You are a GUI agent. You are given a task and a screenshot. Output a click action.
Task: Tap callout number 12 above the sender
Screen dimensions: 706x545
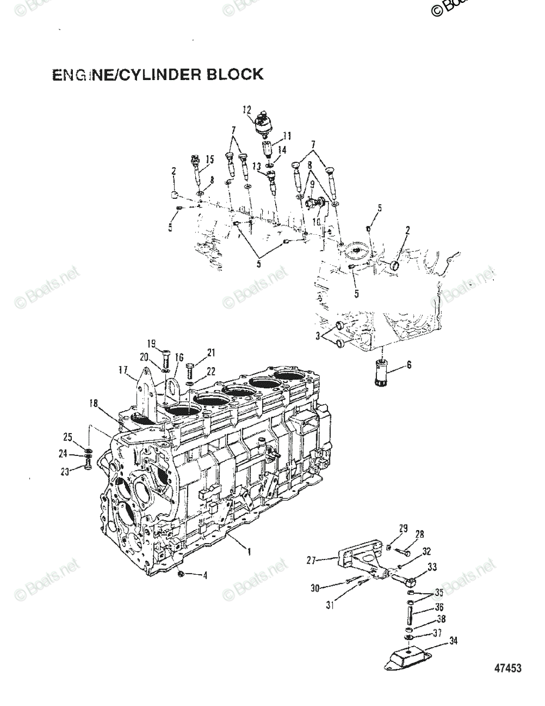(x=246, y=109)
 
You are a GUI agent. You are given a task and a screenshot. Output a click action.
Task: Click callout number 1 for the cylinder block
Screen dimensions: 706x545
(x=249, y=552)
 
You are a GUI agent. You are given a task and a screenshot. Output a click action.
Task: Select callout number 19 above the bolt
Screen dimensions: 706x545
(x=151, y=343)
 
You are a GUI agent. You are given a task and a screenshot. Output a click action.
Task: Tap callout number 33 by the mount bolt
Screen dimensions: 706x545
(x=432, y=567)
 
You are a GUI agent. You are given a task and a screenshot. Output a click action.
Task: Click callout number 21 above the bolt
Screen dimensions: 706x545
(x=210, y=352)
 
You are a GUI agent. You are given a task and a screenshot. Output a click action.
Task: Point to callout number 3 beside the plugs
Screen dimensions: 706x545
(x=318, y=336)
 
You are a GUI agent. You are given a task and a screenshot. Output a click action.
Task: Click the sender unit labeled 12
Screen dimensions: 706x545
(x=262, y=125)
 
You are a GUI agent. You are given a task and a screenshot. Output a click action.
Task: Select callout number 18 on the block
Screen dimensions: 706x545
(x=93, y=404)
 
